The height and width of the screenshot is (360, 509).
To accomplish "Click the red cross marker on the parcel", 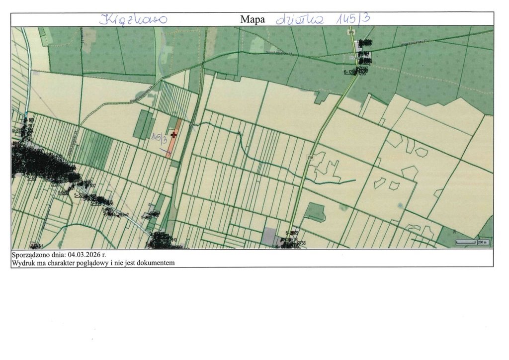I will click(x=173, y=135).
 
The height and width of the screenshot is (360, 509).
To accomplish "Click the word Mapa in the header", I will click(x=253, y=20).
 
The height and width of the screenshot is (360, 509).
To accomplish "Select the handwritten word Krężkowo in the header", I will click(x=133, y=20).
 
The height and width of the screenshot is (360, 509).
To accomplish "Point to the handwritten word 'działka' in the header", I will click(x=300, y=19).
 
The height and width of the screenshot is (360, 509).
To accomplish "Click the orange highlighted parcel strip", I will click(x=170, y=145).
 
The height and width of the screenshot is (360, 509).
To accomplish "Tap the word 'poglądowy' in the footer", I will click(x=101, y=263).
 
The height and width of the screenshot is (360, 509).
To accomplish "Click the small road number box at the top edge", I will click(x=351, y=31).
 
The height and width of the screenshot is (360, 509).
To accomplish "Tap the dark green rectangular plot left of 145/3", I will click(x=143, y=124).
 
